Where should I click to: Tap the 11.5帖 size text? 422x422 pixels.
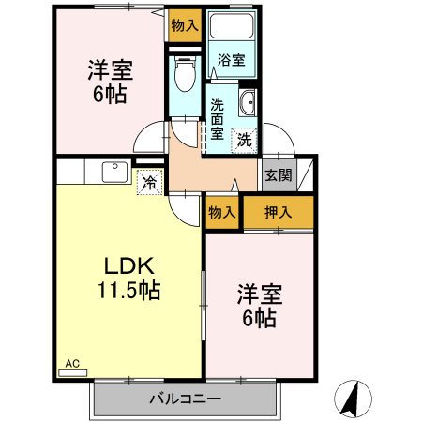[128, 290]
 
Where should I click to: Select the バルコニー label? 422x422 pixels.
[185, 399]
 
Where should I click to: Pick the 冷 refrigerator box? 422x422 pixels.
[148, 182]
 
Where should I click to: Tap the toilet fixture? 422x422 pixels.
[184, 71]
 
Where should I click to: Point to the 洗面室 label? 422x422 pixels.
[217, 119]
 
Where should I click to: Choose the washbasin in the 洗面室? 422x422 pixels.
[249, 103]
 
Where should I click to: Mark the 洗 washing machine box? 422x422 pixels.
[244, 142]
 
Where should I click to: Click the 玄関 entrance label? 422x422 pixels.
[279, 175]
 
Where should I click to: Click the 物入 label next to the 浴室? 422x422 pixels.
[184, 25]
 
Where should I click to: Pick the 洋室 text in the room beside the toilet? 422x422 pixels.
[110, 69]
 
